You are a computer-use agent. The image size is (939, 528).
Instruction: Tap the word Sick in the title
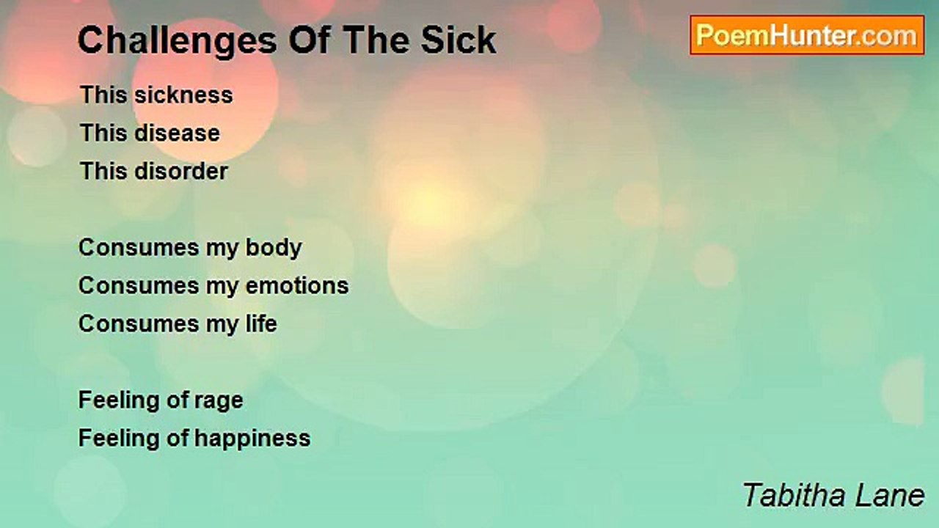(x=458, y=40)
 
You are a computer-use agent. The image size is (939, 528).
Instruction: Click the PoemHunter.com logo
(x=807, y=35)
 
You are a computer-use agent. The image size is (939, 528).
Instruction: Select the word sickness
(x=183, y=95)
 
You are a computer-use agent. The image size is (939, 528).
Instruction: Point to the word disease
(x=177, y=133)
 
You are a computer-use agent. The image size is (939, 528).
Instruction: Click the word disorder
(x=181, y=171)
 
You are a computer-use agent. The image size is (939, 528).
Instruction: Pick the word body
(x=274, y=248)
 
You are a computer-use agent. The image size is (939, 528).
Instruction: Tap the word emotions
(x=297, y=286)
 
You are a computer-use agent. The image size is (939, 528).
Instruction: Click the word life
(x=261, y=323)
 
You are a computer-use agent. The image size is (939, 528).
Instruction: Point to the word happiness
(x=252, y=439)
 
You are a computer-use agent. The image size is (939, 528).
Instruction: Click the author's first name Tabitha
(x=794, y=495)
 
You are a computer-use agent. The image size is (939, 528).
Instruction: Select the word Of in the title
(x=310, y=40)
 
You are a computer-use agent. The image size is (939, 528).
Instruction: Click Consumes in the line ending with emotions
(x=139, y=286)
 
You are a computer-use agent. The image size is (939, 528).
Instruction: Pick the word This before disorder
(x=103, y=171)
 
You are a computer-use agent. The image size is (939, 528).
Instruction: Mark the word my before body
(x=222, y=249)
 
